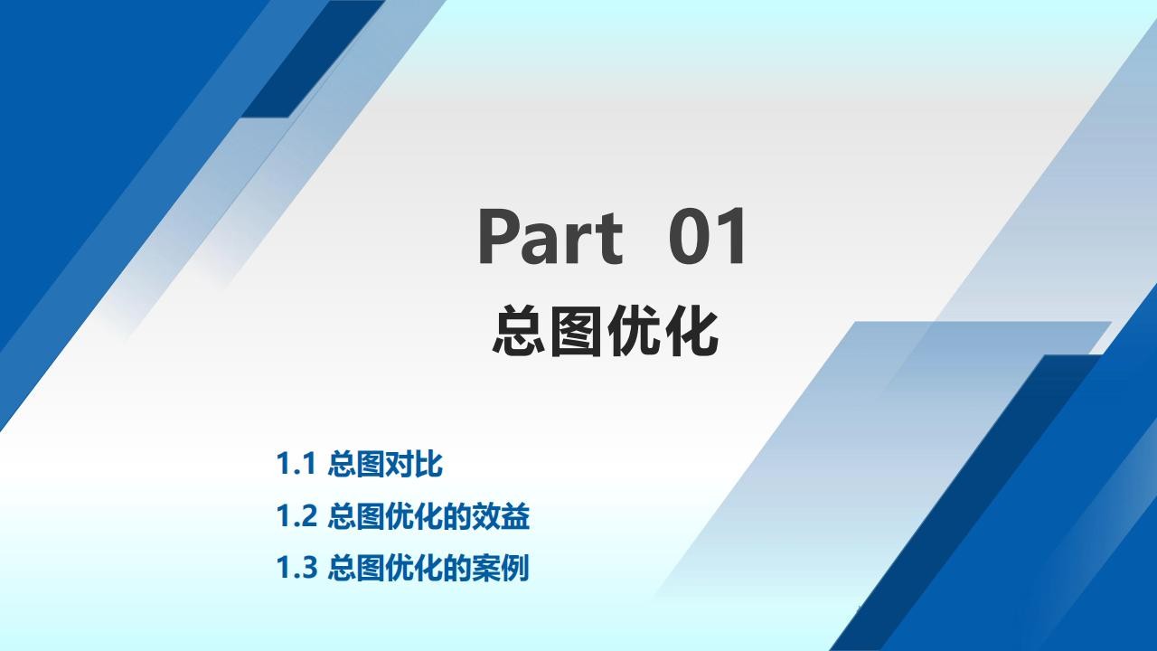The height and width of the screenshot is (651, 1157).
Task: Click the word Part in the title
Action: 550,236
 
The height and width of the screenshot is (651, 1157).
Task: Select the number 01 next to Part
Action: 707,236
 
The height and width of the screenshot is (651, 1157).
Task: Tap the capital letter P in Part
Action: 498,236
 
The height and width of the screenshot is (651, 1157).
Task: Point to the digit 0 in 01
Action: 689,236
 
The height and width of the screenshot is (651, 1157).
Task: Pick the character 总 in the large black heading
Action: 519,331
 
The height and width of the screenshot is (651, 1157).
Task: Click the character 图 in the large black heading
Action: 576,331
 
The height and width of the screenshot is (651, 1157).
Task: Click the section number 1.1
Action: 296,464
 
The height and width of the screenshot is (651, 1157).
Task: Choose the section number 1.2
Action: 296,515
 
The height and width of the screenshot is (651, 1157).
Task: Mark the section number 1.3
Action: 296,567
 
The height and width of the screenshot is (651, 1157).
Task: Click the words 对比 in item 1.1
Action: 414,464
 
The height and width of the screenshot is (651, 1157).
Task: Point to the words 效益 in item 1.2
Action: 501,515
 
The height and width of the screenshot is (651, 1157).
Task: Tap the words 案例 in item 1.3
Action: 501,567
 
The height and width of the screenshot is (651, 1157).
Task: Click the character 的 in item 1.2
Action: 457,515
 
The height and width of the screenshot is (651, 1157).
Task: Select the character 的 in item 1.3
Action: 457,567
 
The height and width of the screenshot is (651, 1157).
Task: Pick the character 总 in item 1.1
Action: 342,464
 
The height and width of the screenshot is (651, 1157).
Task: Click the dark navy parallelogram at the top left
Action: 313,59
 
